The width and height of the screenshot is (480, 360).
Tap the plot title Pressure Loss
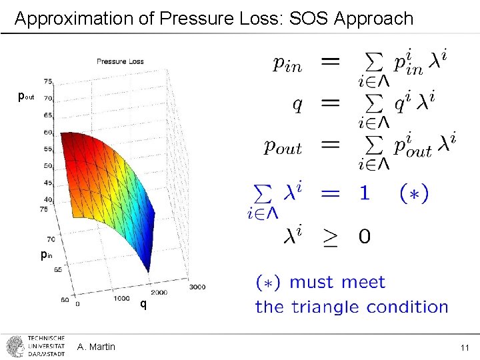coord(120,61)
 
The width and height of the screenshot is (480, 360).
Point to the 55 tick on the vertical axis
coord(48,149)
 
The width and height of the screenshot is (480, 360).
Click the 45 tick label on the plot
coord(48,182)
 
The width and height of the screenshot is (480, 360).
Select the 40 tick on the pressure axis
coord(48,199)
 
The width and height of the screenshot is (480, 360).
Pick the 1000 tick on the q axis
coord(122,299)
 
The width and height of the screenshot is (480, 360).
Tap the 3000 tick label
coord(197,287)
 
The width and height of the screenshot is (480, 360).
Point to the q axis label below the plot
coord(143,305)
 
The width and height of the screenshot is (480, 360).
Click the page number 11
coord(464,347)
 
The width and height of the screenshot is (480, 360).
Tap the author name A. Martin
coord(96,347)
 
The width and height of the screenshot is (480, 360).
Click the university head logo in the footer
coord(15,347)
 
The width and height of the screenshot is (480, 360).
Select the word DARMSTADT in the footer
coord(47,354)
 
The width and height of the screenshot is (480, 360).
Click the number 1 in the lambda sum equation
coord(364,193)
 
